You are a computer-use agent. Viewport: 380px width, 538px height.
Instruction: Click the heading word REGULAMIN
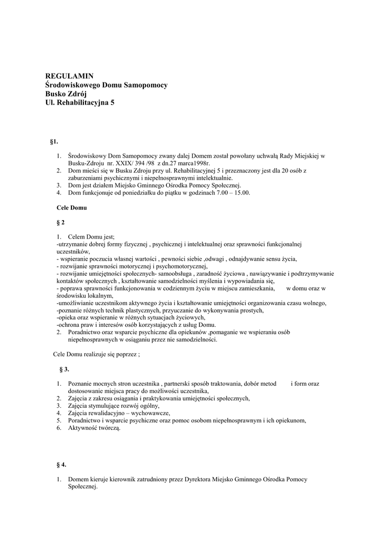pyautogui.click(x=69, y=76)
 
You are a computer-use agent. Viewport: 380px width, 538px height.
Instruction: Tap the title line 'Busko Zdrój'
pyautogui.click(x=66, y=94)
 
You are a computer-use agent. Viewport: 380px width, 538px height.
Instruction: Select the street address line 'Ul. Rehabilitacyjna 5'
pyautogui.click(x=79, y=103)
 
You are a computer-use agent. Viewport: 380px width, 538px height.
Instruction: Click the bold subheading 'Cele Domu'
pyautogui.click(x=71, y=208)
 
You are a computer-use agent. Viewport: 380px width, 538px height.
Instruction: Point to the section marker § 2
pyautogui.click(x=60, y=222)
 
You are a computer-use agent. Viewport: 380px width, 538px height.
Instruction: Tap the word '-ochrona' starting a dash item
pyautogui.click(x=68, y=325)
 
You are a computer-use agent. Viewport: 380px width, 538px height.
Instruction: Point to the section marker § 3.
pyautogui.click(x=64, y=369)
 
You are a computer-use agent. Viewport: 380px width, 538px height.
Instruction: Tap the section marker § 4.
pyautogui.click(x=61, y=464)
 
